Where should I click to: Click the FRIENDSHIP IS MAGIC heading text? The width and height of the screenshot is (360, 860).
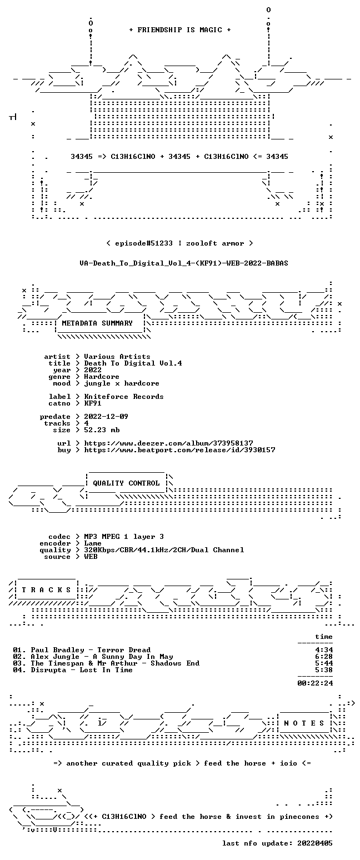point(180,30)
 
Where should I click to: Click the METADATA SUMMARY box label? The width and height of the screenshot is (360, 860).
point(97,323)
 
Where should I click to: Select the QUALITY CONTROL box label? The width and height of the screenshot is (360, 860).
point(126,483)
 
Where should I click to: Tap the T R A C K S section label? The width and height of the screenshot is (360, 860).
point(47,589)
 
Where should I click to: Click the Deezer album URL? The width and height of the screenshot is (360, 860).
point(168,443)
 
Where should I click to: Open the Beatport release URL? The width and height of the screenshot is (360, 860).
point(179,450)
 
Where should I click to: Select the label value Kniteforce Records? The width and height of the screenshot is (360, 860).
point(123,397)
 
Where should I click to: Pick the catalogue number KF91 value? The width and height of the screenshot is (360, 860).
point(93,403)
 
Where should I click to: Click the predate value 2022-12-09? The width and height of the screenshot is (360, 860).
point(106,417)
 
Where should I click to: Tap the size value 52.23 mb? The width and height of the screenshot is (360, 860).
point(102,430)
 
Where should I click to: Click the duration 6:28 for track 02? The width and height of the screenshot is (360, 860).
point(324,657)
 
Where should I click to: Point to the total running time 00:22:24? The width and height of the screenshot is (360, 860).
point(315,683)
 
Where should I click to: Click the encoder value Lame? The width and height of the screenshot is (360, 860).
point(93,543)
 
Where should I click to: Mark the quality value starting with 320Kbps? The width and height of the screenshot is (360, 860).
point(164,550)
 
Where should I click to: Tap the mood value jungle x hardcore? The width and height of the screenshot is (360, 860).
point(122,383)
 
